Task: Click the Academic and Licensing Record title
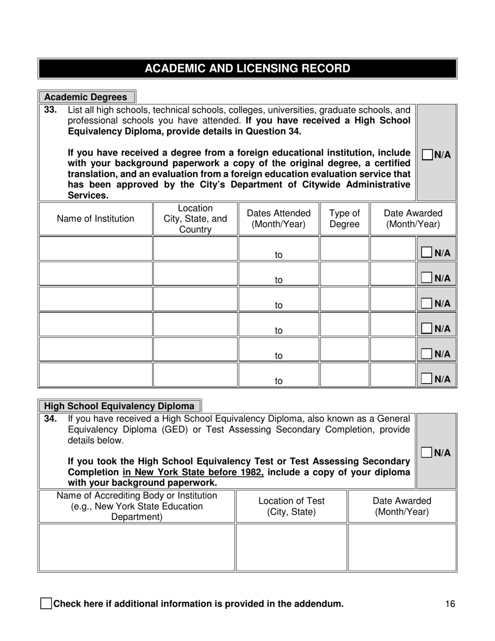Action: pos(247,68)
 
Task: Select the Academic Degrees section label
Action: pos(86,97)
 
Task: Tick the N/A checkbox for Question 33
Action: pos(427,155)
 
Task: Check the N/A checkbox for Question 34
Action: pos(427,452)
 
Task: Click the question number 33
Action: pos(50,110)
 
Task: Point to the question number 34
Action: pos(50,418)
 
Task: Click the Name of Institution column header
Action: pos(95,219)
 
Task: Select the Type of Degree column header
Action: pos(344,219)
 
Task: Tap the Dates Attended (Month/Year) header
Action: pos(279,219)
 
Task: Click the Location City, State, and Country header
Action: pos(195,219)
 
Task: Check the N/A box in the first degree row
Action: pos(427,253)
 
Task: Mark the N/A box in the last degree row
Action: pos(427,379)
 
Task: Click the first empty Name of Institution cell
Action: pos(95,249)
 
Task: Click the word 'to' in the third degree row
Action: pos(279,305)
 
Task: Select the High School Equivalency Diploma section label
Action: pos(119,406)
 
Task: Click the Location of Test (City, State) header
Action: pos(291,507)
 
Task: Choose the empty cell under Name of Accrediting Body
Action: pos(137,547)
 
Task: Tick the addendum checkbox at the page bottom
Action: pos(46,604)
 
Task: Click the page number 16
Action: pos(451,604)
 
